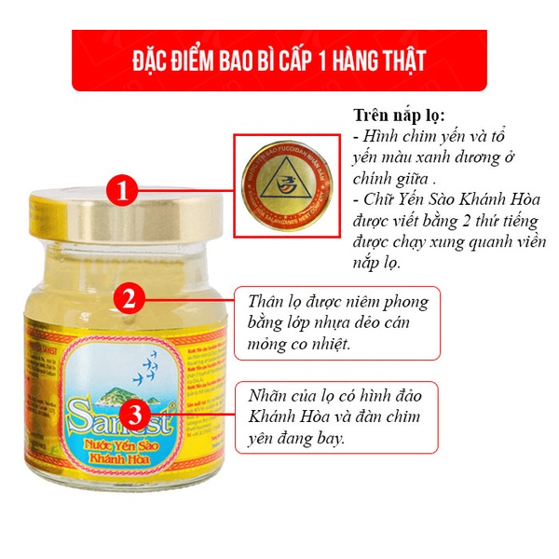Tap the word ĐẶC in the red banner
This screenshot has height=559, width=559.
(151, 61)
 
